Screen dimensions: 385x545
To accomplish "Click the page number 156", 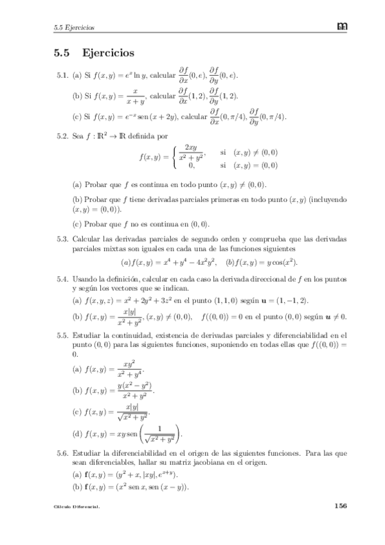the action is [x=340, y=506].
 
